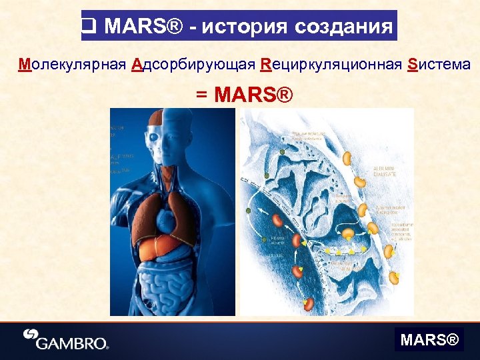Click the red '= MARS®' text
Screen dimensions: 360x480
click(x=244, y=95)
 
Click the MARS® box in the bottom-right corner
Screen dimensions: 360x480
click(x=429, y=341)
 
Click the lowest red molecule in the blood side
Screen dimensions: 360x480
click(x=310, y=305)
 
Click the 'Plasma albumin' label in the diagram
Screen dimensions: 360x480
click(x=279, y=241)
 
